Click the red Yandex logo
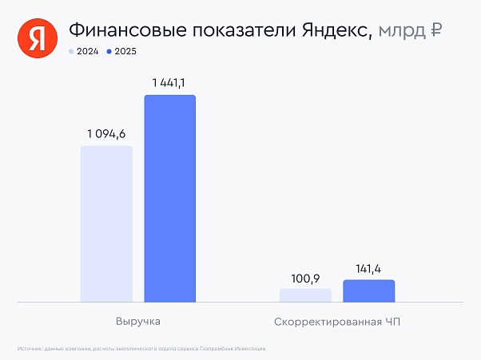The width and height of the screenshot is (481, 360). click(x=34, y=38)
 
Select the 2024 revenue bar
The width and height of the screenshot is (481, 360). click(x=106, y=224)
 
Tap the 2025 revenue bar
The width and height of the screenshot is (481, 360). click(x=169, y=199)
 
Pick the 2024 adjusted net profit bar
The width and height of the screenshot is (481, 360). click(x=305, y=295)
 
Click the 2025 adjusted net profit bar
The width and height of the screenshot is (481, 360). click(x=368, y=291)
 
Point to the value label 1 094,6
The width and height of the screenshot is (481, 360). click(x=106, y=133)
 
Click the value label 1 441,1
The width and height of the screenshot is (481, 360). click(x=169, y=82)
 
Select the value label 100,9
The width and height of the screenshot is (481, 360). click(x=305, y=278)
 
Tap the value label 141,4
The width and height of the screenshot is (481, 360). click(x=368, y=269)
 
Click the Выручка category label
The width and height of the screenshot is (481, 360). click(x=138, y=322)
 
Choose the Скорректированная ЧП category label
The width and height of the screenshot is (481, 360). click(x=336, y=322)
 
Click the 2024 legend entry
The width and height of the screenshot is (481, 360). click(x=84, y=51)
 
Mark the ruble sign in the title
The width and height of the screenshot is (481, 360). click(x=436, y=30)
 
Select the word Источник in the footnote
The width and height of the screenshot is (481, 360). click(x=29, y=349)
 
